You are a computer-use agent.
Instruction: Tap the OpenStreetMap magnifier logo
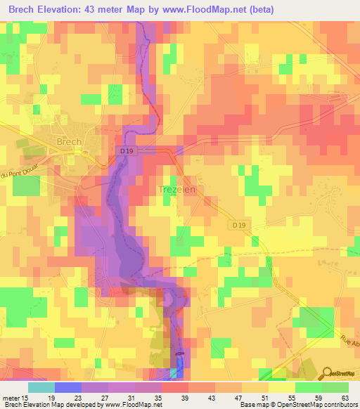[328, 372]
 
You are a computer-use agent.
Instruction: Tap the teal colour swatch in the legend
[41, 387]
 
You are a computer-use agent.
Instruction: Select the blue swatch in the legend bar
[67, 387]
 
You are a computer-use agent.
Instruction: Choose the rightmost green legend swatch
[335, 387]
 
